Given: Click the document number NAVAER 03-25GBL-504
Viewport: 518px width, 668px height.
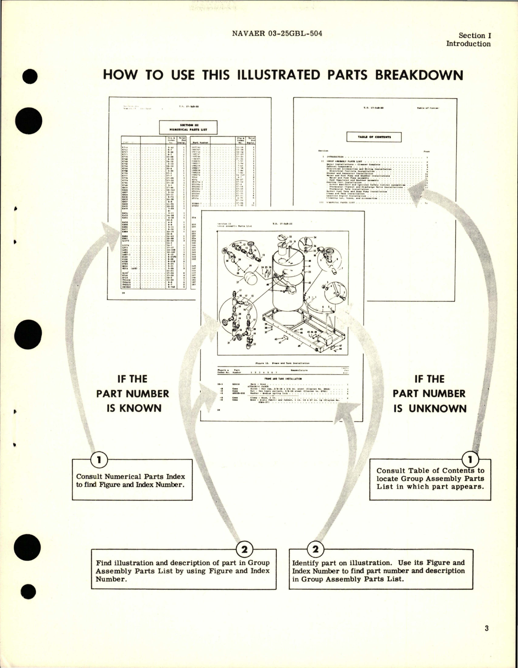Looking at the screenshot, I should (x=277, y=33).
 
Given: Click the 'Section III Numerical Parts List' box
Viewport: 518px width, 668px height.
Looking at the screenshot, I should (x=188, y=127).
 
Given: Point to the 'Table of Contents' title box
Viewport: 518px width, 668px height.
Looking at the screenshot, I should (x=374, y=137).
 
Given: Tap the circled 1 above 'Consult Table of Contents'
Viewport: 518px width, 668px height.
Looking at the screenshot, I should (x=470, y=460).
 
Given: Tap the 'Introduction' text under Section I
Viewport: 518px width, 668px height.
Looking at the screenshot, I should (x=468, y=44).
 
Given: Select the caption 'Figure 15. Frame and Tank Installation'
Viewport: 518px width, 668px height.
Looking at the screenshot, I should (x=282, y=363).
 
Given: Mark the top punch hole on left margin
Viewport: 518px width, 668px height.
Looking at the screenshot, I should (x=30, y=77).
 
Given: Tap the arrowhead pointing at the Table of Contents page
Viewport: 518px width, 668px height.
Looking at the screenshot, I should (x=420, y=191).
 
